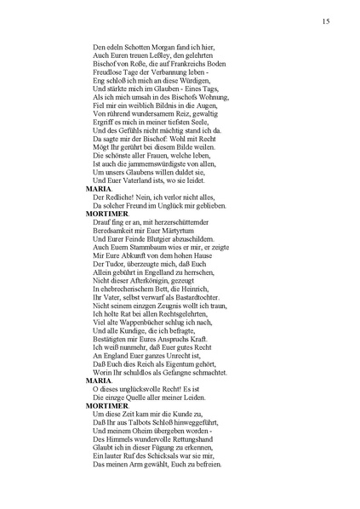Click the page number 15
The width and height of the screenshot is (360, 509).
327,20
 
